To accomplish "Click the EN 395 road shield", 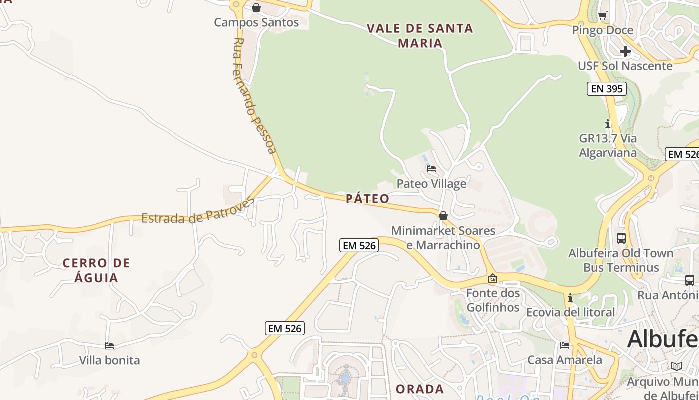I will (x=606, y=89).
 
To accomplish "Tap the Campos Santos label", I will (x=256, y=22).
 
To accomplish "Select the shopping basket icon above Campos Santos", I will (x=256, y=8).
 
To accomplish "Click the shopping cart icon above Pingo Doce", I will (x=603, y=15).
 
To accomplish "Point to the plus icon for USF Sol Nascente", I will (x=625, y=51).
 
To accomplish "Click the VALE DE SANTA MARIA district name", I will (x=420, y=35).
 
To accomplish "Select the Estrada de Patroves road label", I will (x=198, y=212).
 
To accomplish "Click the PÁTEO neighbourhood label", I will (x=367, y=199).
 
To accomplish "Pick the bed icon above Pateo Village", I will (x=431, y=169).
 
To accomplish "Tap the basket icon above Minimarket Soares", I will (x=443, y=216).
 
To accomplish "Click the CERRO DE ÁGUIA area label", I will (x=96, y=270).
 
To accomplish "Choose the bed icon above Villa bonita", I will (x=109, y=345).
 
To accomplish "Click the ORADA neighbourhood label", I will (x=419, y=389).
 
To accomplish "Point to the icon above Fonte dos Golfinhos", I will (x=493, y=278).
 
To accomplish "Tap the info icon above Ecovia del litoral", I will (x=570, y=298).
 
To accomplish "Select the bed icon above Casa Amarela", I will (x=565, y=345).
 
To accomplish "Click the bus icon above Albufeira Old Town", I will (x=621, y=238).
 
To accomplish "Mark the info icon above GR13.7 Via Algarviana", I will (x=608, y=123).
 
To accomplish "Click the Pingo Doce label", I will (x=602, y=30).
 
